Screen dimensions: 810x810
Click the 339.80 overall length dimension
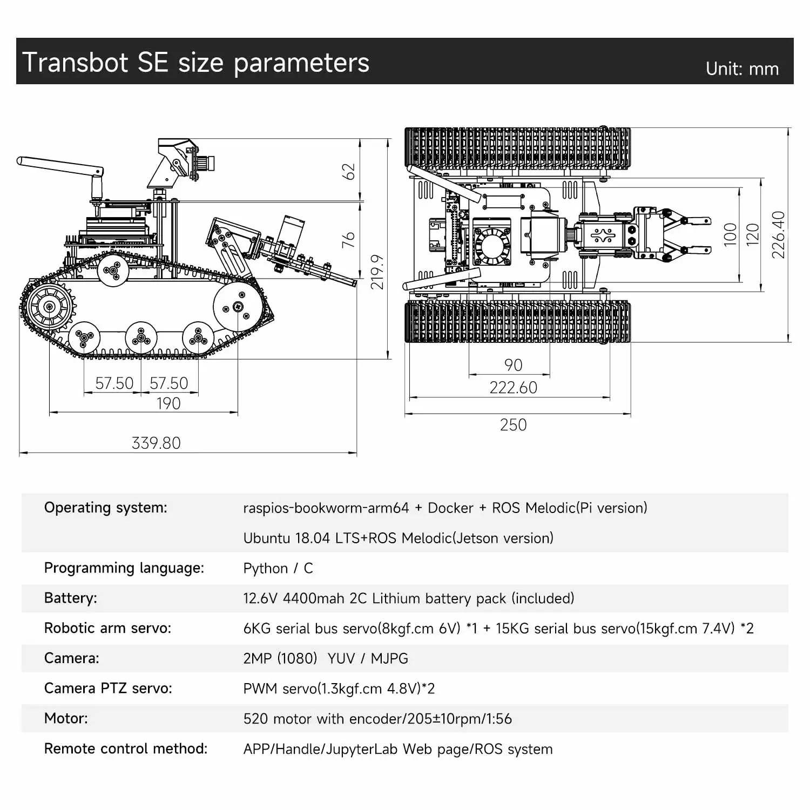[156, 443]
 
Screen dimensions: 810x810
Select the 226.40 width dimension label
[778, 234]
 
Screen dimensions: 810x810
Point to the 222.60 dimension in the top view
[513, 388]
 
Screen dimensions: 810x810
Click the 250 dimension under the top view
[513, 425]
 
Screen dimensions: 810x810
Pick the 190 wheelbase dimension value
[168, 403]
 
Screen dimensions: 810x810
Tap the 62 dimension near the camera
[349, 171]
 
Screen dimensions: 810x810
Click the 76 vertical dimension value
[349, 239]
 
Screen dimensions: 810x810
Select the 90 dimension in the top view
[513, 365]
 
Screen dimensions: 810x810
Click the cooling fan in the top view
[491, 246]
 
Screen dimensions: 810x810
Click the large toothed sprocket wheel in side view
[49, 307]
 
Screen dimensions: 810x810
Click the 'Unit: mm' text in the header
[742, 69]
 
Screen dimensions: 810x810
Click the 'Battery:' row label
[71, 598]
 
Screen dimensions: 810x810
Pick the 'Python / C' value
[278, 568]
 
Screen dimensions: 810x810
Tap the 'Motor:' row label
[66, 718]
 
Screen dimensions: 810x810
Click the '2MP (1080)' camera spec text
[280, 658]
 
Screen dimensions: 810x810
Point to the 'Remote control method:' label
[126, 748]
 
